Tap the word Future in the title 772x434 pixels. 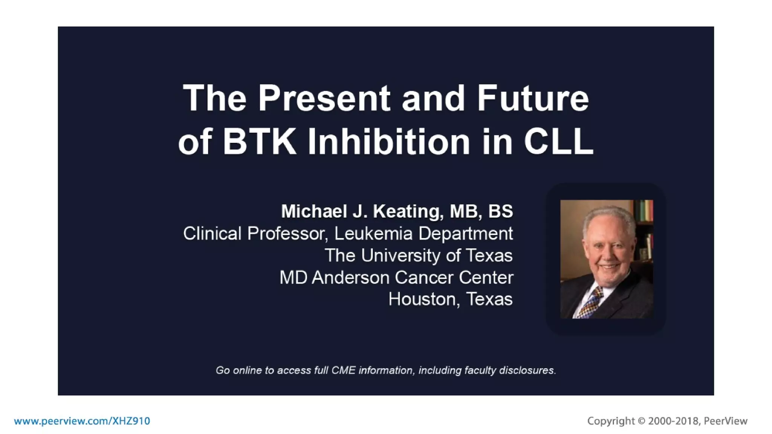[532, 99]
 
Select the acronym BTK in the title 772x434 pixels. [259, 142]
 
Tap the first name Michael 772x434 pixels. [314, 211]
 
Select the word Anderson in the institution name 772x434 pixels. [351, 278]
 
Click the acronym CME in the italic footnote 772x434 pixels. [343, 370]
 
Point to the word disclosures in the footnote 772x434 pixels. [527, 370]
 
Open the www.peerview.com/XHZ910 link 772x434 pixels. [82, 421]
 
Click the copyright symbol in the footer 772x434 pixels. [641, 421]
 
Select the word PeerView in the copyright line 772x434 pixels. [725, 421]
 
